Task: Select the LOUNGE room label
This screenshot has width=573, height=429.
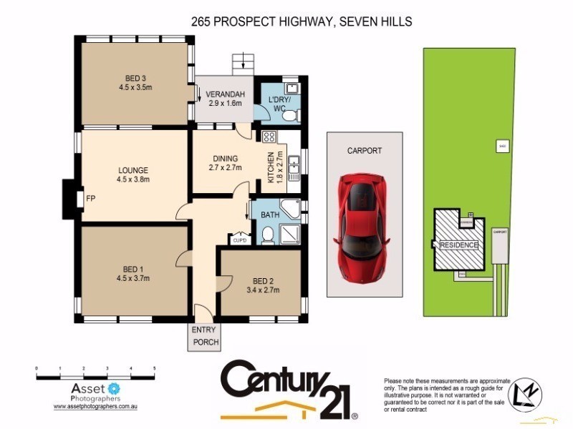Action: click(x=133, y=170)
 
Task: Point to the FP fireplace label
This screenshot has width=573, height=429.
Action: click(x=90, y=197)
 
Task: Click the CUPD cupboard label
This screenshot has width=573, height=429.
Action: click(x=239, y=240)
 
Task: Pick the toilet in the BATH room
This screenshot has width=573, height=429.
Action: click(x=267, y=235)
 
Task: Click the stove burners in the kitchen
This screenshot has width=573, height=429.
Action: click(x=269, y=137)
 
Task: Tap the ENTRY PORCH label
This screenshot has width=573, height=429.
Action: click(x=204, y=336)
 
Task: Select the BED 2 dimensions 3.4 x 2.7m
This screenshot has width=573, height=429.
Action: click(x=261, y=290)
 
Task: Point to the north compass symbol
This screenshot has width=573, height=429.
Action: click(x=525, y=393)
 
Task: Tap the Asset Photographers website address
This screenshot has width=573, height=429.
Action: click(x=95, y=406)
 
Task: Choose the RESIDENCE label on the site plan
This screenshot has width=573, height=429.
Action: click(x=458, y=245)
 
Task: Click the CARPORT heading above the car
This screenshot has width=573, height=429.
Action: click(x=364, y=151)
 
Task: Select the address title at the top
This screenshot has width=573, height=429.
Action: click(x=302, y=22)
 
